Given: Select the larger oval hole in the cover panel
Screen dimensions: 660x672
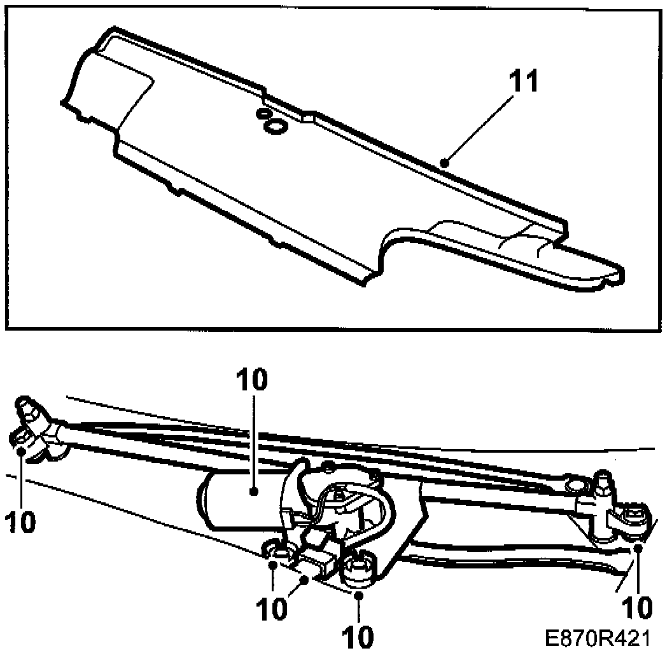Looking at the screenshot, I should point(275,127).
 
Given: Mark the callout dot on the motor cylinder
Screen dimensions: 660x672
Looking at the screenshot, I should point(253,491).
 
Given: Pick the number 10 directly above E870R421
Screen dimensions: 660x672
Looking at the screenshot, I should point(635,607).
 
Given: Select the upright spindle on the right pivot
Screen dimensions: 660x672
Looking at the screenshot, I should point(603,486).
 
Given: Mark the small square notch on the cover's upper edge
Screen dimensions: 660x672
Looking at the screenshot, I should point(307,116).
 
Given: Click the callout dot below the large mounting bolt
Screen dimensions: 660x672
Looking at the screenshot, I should point(359,595).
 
